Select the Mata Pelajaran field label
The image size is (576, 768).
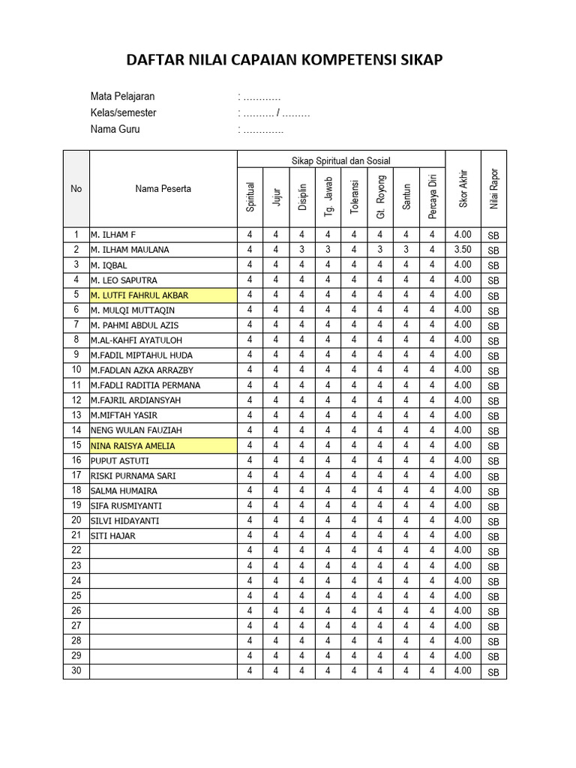click(x=122, y=97)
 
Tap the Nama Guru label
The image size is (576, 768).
click(x=115, y=129)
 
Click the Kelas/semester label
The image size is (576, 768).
click(x=123, y=113)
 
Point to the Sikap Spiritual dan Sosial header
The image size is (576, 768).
click(x=341, y=160)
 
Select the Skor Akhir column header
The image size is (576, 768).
click(x=463, y=189)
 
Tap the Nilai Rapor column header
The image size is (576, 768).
click(x=493, y=189)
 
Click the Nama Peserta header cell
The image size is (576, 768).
click(x=163, y=189)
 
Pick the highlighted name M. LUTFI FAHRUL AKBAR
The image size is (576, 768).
click(x=139, y=295)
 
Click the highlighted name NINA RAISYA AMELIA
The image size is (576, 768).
click(x=133, y=445)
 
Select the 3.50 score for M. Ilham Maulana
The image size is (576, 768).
click(x=463, y=250)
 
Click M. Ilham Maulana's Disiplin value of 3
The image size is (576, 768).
click(x=302, y=250)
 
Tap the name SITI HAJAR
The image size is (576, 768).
click(x=113, y=536)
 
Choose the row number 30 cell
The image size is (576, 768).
click(x=76, y=671)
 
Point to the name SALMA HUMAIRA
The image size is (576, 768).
click(x=124, y=490)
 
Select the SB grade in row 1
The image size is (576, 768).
click(x=493, y=235)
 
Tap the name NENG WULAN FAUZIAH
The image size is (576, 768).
click(x=136, y=430)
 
